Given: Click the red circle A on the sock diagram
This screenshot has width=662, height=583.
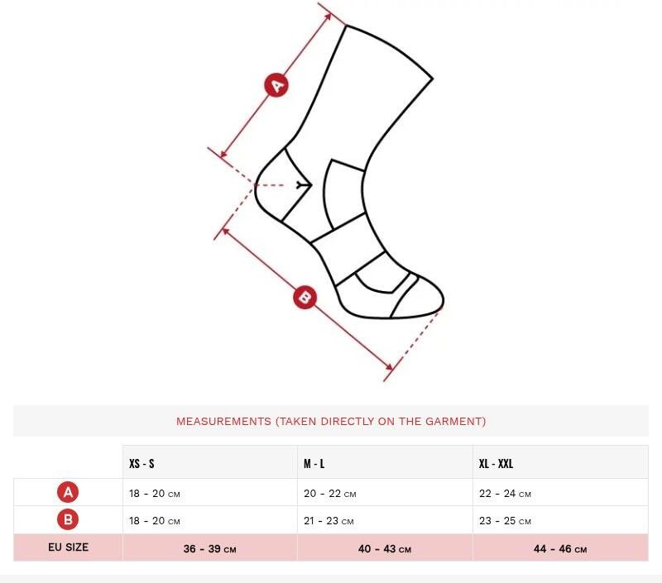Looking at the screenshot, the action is (x=276, y=85).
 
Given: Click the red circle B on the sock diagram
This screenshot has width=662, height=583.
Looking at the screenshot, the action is (x=305, y=297).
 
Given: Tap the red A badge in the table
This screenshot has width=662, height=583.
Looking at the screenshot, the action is (x=68, y=492).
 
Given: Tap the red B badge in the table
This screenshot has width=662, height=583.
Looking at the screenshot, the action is (x=68, y=519).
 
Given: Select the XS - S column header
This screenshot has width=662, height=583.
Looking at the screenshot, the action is (x=142, y=464).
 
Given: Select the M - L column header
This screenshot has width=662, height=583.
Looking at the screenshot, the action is (x=314, y=464).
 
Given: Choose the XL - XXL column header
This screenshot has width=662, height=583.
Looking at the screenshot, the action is (x=496, y=464).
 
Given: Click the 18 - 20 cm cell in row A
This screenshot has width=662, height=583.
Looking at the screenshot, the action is (x=155, y=494).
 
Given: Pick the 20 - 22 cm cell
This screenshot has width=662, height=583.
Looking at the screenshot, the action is (x=329, y=494).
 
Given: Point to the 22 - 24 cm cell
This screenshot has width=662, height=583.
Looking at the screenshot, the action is (x=505, y=494).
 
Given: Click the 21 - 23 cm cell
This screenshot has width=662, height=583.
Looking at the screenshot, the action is (x=329, y=521).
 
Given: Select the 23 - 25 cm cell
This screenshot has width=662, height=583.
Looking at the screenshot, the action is (x=505, y=521).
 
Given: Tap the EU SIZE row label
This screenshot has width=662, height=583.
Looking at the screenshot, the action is (x=68, y=547).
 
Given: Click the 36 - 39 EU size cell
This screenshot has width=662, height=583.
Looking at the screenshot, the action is (x=210, y=549).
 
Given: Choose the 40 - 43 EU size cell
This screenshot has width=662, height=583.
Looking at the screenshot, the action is (x=385, y=549).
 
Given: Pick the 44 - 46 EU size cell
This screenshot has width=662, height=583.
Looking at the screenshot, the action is (x=560, y=549).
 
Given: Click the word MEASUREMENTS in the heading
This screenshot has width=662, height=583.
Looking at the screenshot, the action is (x=223, y=421).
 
